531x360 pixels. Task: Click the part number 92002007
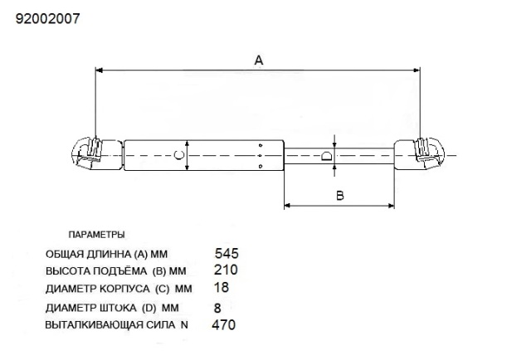coord(48,17)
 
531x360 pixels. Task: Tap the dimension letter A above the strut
coord(258,61)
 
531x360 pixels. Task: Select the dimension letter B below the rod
coord(339,197)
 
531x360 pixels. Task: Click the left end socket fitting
coord(88,153)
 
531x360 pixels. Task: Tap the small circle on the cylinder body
coord(178,155)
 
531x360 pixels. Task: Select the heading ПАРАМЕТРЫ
coord(96,235)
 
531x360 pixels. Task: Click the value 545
coord(227,253)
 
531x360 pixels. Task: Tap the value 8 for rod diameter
coord(217,307)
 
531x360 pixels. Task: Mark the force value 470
coord(224,325)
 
